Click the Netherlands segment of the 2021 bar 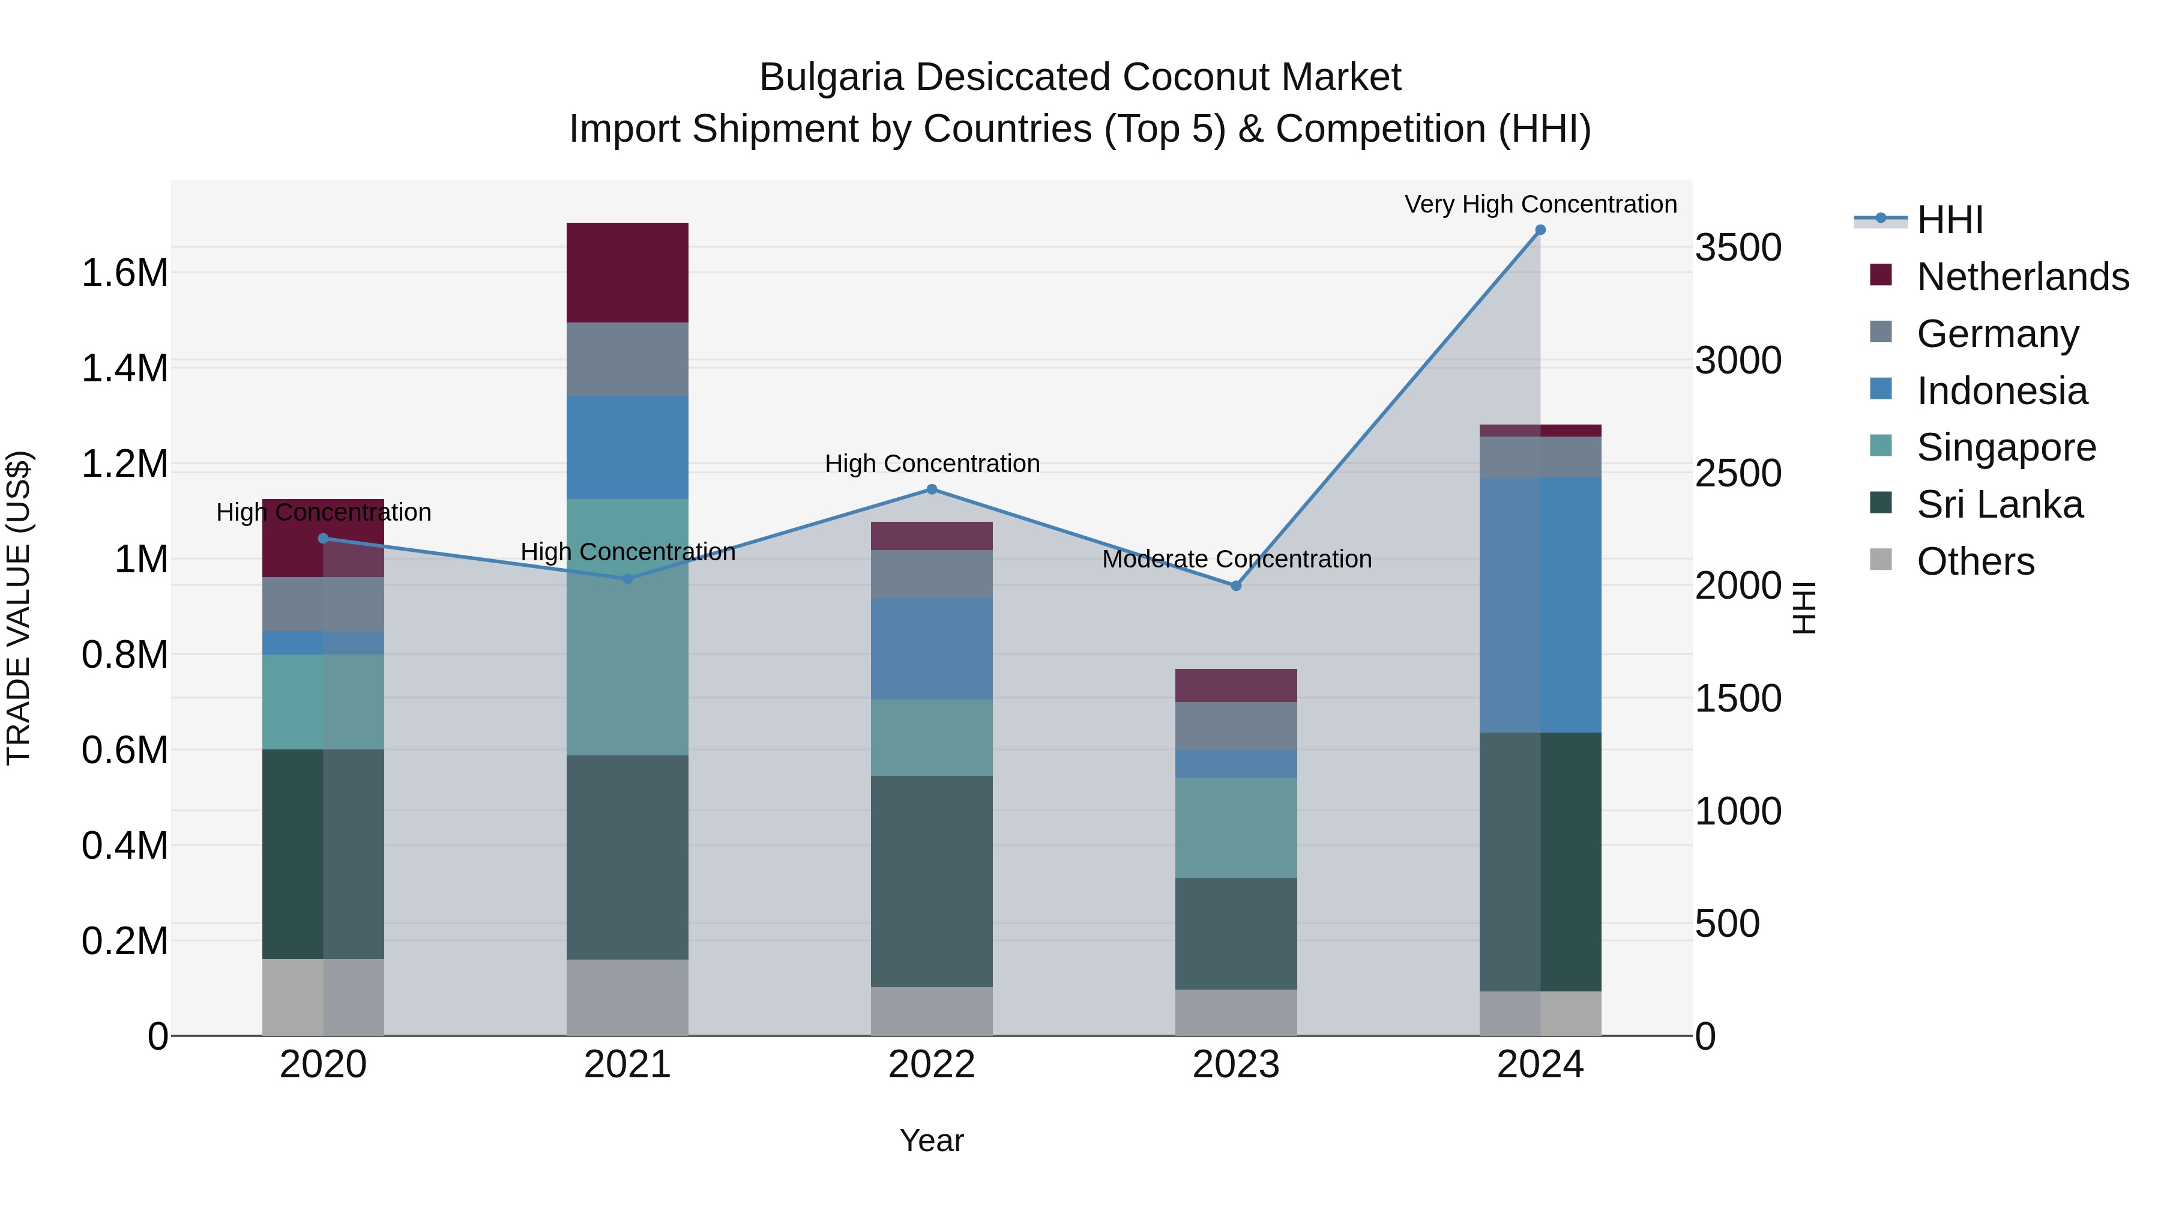point(627,272)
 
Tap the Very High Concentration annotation point(1540,204)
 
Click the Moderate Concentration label point(1237,559)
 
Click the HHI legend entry point(1950,220)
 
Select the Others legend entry point(1975,561)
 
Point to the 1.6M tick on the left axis point(124,274)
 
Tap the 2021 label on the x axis point(627,1065)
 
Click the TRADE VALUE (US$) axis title point(19,608)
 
